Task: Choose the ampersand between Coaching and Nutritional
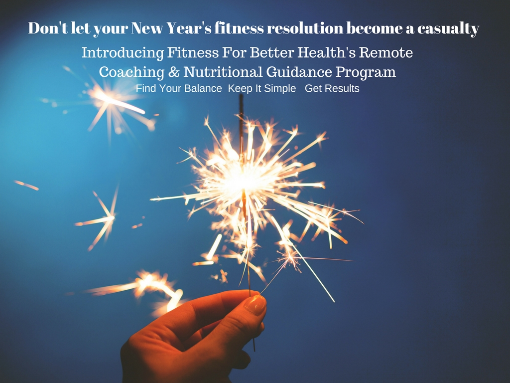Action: point(174,72)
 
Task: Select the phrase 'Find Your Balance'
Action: point(179,89)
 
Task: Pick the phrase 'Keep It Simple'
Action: point(262,89)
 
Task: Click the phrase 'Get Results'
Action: point(332,89)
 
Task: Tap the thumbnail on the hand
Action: point(255,305)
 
